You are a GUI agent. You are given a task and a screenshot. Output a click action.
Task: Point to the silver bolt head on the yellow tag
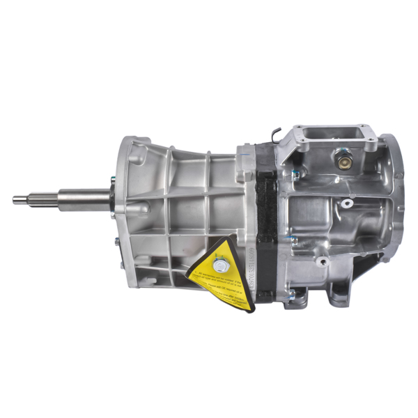pyautogui.click(x=221, y=265)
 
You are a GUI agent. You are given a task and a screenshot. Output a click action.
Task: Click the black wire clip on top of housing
pyautogui.click(x=277, y=132)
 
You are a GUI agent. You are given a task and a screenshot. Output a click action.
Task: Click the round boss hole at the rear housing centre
pyautogui.click(x=346, y=205)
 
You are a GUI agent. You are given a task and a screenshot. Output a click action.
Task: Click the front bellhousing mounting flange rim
pyautogui.click(x=124, y=202)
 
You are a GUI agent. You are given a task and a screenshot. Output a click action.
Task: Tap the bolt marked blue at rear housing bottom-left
pyautogui.click(x=295, y=277)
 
